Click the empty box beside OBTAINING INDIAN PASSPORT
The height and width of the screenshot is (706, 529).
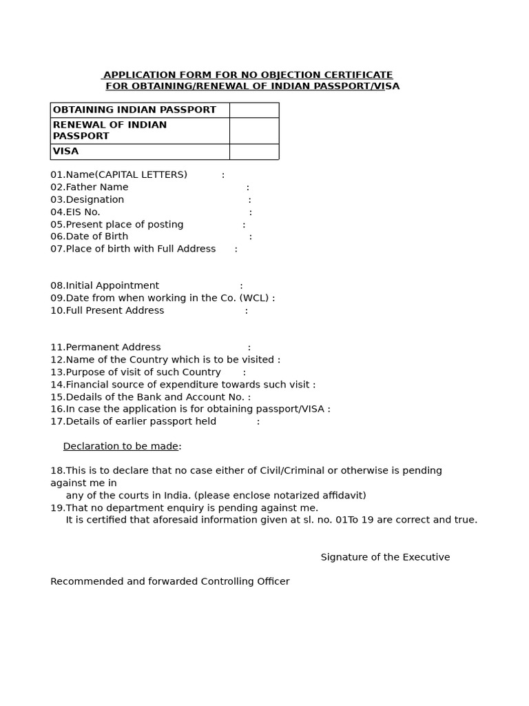253,110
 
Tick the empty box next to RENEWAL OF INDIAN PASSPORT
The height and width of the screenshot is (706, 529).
253,130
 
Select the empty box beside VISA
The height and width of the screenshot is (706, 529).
253,152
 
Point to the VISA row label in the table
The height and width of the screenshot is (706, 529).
66,152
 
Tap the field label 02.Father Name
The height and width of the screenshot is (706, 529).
90,188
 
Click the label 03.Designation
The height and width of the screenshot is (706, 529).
87,200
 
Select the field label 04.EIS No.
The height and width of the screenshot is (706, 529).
76,212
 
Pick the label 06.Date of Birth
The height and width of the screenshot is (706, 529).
90,236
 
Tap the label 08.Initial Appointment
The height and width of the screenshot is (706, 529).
105,286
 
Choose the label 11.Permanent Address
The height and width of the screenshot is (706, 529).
105,347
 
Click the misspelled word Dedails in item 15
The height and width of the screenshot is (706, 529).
83,397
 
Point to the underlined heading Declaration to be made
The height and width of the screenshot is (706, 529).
121,447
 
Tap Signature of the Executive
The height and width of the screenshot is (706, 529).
385,558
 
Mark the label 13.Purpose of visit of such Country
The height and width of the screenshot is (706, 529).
136,372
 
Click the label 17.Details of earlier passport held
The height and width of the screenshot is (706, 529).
134,422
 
